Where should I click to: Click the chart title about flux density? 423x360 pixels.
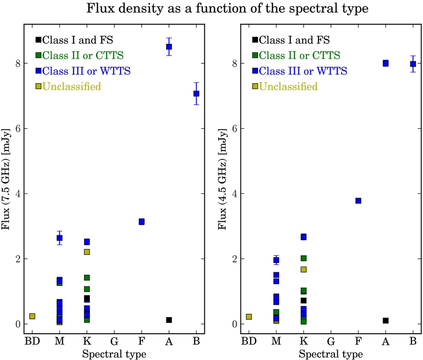point(211,9)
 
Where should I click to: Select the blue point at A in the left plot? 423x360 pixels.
point(169,47)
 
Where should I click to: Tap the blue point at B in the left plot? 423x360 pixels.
point(196,94)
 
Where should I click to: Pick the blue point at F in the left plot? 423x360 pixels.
point(142,222)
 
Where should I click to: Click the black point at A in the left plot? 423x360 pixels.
point(169,320)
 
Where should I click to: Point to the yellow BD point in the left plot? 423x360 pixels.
point(32,316)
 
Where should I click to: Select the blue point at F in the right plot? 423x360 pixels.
point(358,201)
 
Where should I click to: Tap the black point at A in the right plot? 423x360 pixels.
point(386,321)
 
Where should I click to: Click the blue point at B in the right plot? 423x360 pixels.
point(413,64)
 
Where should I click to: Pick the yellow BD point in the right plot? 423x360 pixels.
point(249,317)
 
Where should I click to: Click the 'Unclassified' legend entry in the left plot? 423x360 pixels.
point(72,87)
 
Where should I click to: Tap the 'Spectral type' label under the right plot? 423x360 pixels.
point(331,353)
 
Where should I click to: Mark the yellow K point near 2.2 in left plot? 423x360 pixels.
point(87,252)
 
